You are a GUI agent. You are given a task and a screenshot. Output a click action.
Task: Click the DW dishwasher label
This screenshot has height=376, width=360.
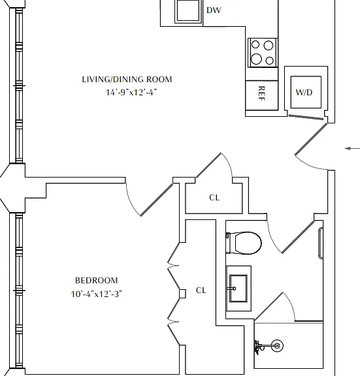(x=214, y=10)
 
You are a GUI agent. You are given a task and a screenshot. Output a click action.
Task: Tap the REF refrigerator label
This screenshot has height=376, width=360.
(x=261, y=93)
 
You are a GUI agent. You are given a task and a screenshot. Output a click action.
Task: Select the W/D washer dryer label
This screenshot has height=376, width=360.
(x=304, y=92)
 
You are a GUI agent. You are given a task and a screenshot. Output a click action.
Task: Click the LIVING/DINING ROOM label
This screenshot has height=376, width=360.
(x=127, y=80)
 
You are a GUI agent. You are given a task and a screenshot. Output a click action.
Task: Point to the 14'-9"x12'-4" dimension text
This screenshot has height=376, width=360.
(x=131, y=92)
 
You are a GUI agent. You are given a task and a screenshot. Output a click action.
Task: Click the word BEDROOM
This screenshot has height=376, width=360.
(x=97, y=280)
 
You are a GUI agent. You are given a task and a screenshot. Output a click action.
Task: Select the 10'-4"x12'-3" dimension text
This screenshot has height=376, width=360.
(x=96, y=294)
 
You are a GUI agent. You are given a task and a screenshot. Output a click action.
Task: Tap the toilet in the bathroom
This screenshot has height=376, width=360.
(x=244, y=243)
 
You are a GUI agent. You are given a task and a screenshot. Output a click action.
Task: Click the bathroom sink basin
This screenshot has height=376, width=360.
(x=238, y=289)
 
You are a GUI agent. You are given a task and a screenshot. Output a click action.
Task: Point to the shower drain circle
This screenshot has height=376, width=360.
(x=277, y=345)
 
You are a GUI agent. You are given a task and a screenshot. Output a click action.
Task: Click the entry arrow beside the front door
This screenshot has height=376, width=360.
(x=352, y=149)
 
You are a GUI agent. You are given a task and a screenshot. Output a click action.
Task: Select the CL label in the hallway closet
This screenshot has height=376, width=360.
(x=214, y=198)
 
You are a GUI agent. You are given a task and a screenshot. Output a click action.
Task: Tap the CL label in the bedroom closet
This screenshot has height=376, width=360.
(x=201, y=290)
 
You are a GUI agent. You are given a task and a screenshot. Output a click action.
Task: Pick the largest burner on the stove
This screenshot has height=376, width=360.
(x=256, y=59)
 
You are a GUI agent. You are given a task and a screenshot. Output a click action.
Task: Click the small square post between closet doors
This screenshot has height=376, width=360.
(x=182, y=294)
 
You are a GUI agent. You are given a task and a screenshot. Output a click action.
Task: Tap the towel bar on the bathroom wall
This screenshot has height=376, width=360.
(x=321, y=243)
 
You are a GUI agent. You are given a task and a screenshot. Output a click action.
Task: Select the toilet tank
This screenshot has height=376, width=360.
(x=228, y=243)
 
